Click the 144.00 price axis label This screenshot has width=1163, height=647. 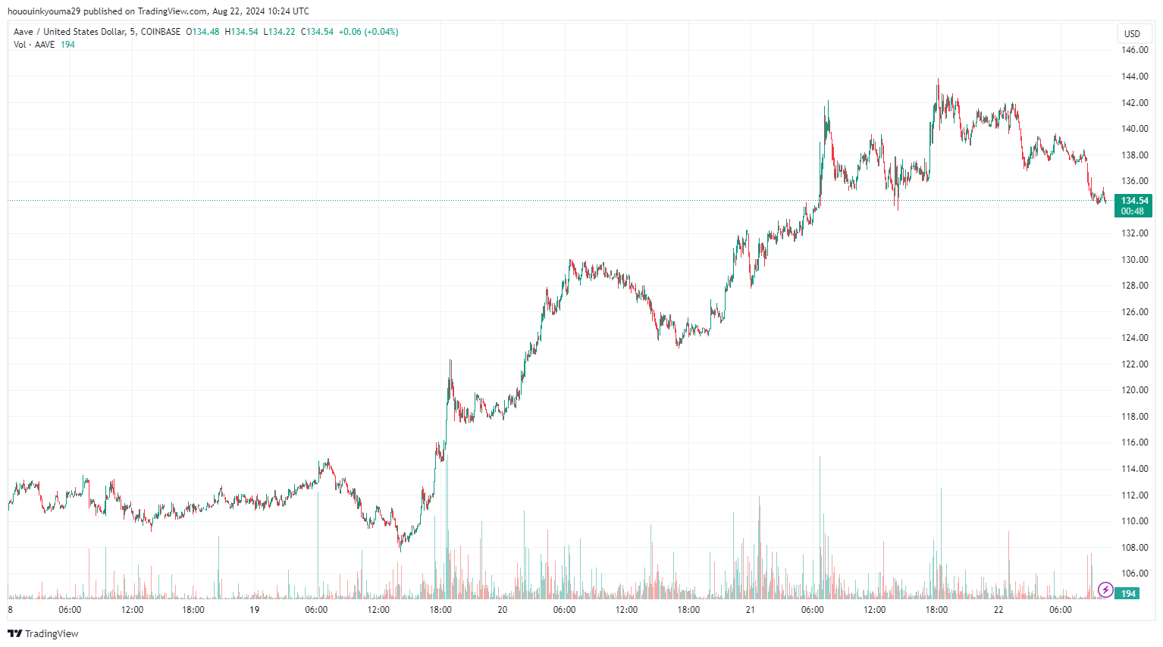(x=1134, y=77)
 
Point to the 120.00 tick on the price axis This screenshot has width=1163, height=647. (x=1134, y=390)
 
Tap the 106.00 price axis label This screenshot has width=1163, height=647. (x=1134, y=574)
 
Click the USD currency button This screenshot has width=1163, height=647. (x=1132, y=34)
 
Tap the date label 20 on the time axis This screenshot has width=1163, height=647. (x=502, y=610)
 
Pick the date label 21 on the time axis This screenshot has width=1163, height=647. (x=750, y=610)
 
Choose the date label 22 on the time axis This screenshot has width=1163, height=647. (x=998, y=610)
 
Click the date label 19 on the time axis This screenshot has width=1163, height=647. (x=255, y=610)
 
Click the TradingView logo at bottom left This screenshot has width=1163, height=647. (x=43, y=633)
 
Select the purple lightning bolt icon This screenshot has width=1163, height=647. (x=1105, y=589)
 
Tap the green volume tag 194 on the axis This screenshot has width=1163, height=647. (x=1129, y=594)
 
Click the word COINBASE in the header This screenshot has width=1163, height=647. (x=161, y=32)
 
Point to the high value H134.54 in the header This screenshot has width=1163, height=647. (x=241, y=32)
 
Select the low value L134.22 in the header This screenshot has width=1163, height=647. (x=279, y=32)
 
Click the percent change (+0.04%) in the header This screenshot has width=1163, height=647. (x=381, y=32)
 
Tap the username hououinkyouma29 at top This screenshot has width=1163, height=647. (x=44, y=11)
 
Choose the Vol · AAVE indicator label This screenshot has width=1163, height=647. (x=34, y=45)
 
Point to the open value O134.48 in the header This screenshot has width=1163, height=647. (x=202, y=32)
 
